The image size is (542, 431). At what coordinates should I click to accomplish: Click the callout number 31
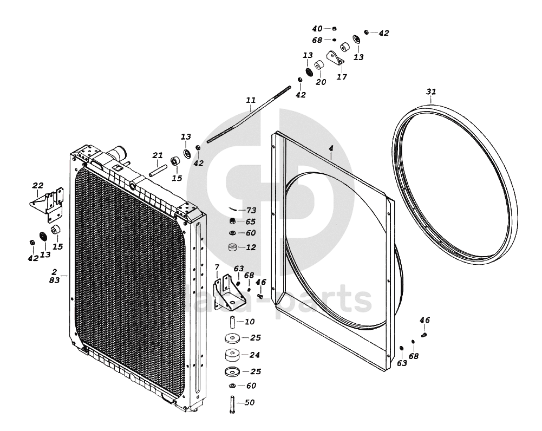tap(430, 92)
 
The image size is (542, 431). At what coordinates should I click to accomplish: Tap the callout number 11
tap(251, 100)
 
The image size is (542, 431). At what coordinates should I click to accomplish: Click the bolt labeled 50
tap(232, 404)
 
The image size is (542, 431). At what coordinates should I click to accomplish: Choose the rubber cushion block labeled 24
tap(233, 357)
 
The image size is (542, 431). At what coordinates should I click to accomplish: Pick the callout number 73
tap(251, 210)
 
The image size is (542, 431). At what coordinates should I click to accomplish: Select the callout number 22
tap(38, 186)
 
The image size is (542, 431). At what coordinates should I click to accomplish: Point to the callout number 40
tap(317, 28)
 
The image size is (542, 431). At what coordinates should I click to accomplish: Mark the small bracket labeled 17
tap(336, 57)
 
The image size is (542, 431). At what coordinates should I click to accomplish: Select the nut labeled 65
tap(232, 221)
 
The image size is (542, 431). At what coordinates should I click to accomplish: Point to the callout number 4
tap(331, 147)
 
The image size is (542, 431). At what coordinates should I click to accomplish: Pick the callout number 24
tap(255, 355)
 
